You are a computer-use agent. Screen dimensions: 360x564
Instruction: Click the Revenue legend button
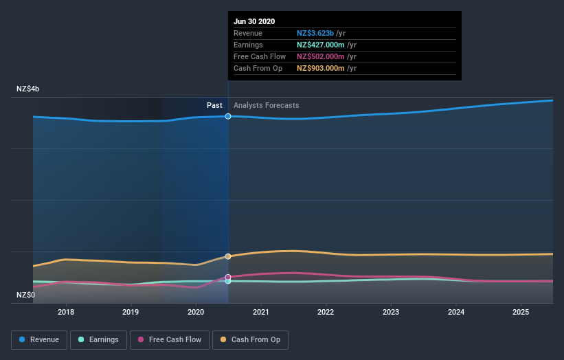pos(39,339)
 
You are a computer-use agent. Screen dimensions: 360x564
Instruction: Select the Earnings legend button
pos(98,339)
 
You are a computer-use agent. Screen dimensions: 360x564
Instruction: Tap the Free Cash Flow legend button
pos(170,339)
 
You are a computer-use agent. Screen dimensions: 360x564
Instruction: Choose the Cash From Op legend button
pos(251,339)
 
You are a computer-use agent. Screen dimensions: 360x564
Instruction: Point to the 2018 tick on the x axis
pos(66,312)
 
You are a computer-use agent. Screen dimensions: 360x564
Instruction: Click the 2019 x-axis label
pos(131,312)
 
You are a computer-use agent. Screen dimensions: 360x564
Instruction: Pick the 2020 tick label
pos(196,312)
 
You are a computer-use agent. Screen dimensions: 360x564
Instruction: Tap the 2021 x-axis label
pos(261,312)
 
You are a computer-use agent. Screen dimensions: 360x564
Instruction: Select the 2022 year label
pos(326,312)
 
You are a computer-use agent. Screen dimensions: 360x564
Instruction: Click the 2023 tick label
pos(391,312)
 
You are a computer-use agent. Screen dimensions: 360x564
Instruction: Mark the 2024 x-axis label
pos(455,312)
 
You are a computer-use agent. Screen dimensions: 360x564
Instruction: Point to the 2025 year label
pos(521,312)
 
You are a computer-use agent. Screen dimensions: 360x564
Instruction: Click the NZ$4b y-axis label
pos(28,89)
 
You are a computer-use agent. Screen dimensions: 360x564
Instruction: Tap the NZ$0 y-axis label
pos(26,295)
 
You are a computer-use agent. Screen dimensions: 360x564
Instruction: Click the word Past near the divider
pos(214,106)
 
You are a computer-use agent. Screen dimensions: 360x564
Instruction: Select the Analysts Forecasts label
pos(267,106)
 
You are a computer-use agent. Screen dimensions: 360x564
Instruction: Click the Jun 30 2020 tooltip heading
pos(254,21)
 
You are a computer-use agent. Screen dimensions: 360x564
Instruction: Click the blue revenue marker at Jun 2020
pos(228,116)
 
